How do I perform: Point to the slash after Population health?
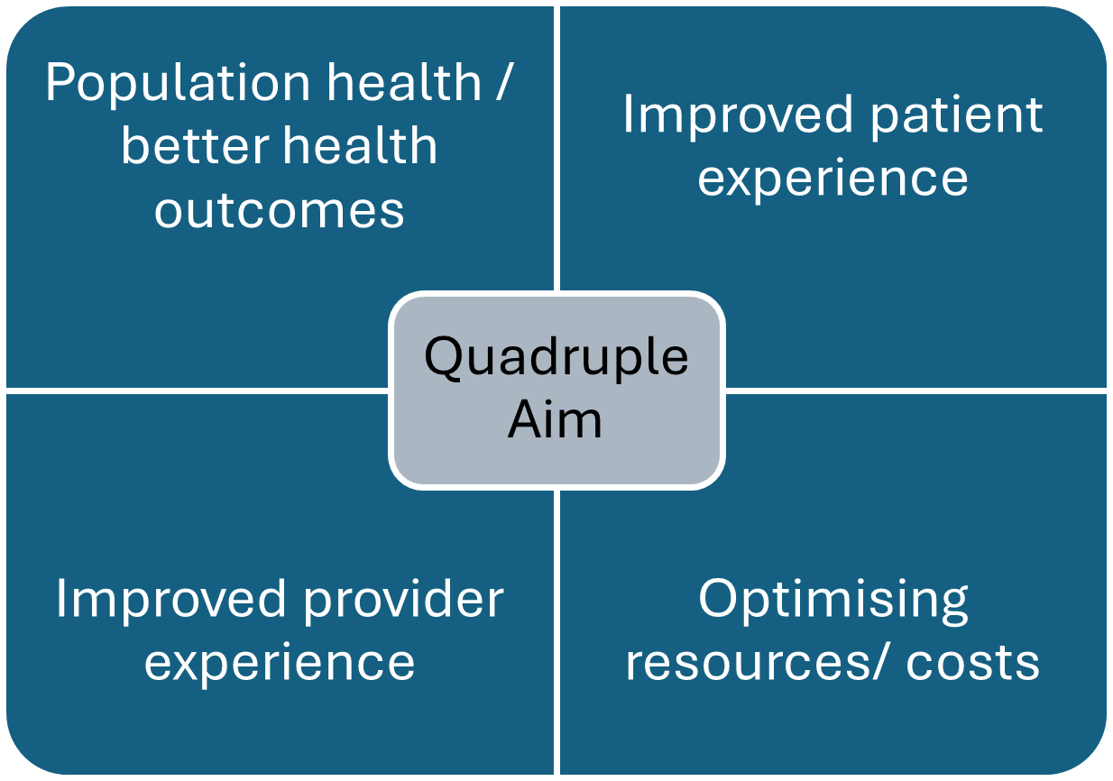pos(504,83)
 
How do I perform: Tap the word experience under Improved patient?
pos(832,178)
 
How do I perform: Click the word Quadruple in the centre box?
pos(556,356)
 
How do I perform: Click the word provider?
pos(404,599)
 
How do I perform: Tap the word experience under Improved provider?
pos(279,662)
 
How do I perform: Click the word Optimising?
pos(832,599)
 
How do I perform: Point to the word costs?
pos(972,662)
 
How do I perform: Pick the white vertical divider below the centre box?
pos(556,631)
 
